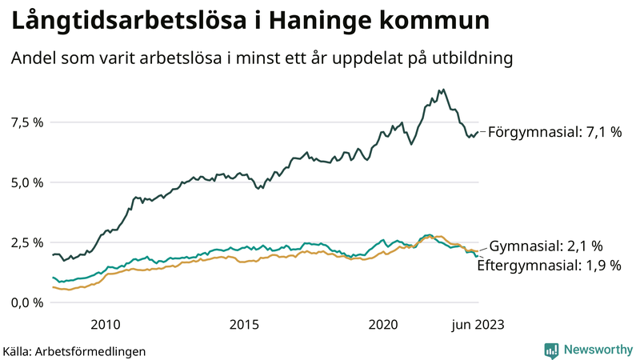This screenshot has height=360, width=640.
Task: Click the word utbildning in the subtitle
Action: coord(471,59)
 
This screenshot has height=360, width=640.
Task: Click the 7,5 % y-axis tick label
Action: coord(26,122)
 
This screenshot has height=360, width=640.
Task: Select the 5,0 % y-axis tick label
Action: coord(26,182)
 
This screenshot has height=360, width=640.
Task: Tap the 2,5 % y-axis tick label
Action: coord(26,242)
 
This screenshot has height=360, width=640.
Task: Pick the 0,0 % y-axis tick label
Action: coord(26,302)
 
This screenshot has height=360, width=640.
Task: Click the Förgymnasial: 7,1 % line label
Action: coord(554,133)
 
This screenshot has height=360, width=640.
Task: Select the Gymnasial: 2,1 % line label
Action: coord(546,246)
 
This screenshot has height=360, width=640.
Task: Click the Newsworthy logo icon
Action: coord(551,350)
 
